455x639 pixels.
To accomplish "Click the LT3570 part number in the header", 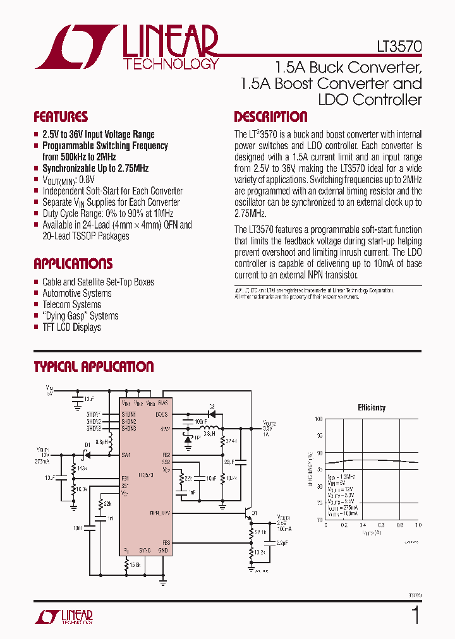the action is (x=396, y=47).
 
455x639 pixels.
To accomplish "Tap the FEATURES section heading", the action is (x=61, y=117).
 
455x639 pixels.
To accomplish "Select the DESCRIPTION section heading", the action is (x=270, y=117).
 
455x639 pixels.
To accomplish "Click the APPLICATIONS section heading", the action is (x=73, y=264).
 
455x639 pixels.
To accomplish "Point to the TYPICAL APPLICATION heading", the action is (x=94, y=367).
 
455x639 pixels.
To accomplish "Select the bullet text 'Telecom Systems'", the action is (x=71, y=304).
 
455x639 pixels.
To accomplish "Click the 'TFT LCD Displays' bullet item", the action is (x=71, y=327).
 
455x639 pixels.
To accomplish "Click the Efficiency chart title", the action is (x=372, y=408).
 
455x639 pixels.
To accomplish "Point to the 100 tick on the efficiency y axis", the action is (x=318, y=419).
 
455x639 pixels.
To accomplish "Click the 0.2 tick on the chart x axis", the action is (x=343, y=525).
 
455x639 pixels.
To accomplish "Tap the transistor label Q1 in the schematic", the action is (x=255, y=513).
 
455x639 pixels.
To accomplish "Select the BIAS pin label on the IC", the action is (x=163, y=402).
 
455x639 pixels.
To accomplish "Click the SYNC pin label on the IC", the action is (x=145, y=551).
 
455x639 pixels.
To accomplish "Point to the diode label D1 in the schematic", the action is (x=87, y=446).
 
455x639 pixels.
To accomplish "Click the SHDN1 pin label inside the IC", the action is (x=129, y=414).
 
